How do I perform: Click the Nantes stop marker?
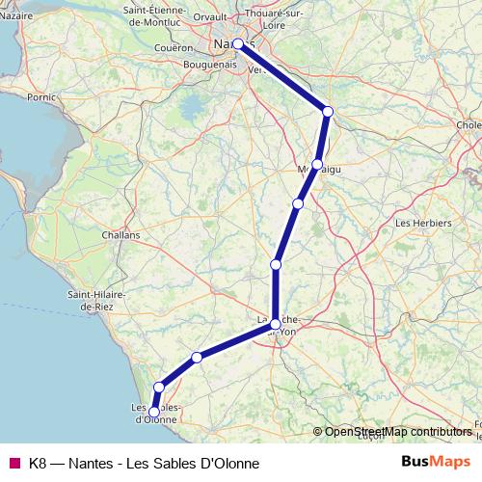click(x=238, y=43)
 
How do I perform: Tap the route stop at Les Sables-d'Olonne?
click(x=153, y=413)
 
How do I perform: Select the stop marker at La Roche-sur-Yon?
click(x=276, y=324)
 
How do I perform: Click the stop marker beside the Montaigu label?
click(x=317, y=165)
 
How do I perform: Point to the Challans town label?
click(x=120, y=234)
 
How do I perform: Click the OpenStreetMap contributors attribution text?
click(x=397, y=432)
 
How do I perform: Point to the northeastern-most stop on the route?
click(x=328, y=112)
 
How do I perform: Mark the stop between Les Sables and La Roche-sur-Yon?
click(x=197, y=358)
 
